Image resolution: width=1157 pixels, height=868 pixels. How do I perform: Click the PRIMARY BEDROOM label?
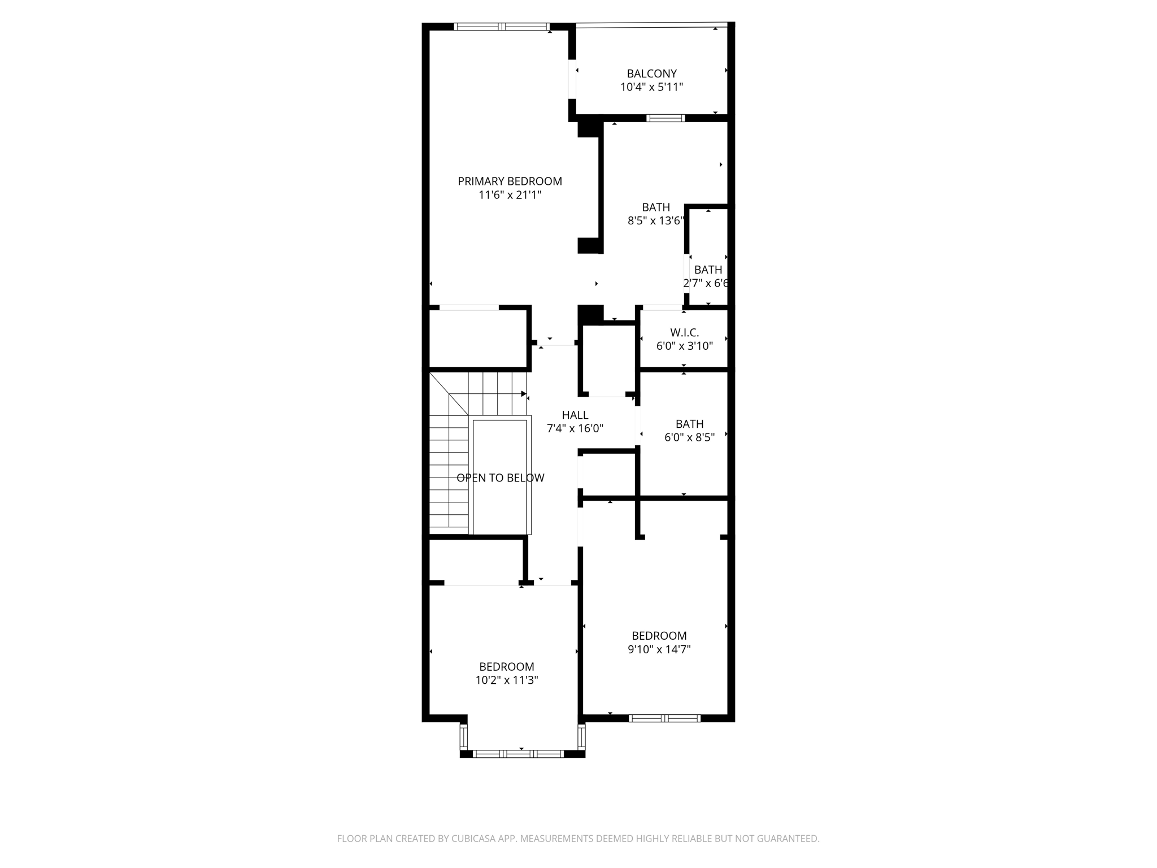coord(510,181)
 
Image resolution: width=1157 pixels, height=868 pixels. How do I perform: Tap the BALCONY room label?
coord(651,73)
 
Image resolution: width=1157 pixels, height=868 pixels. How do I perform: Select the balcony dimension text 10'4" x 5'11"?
coord(651,87)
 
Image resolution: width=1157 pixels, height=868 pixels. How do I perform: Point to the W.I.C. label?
coord(684,332)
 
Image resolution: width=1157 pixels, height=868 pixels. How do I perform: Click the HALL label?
coord(575,415)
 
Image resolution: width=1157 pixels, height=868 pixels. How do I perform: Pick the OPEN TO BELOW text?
coord(500,478)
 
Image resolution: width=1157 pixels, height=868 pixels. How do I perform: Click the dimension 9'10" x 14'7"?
coord(659,649)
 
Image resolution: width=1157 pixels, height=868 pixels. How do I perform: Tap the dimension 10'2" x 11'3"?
coord(506,680)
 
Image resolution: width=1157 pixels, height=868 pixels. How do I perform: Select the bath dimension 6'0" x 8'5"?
coord(689,437)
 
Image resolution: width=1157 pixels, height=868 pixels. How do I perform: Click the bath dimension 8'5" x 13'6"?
coord(656,221)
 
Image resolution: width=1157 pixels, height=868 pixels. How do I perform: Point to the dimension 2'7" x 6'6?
coord(706,284)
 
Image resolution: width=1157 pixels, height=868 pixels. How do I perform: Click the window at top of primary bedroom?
coord(502,26)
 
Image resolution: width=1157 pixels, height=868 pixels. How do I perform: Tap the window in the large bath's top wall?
coord(666,118)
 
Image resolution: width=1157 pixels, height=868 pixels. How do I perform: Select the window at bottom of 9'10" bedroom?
coord(664,718)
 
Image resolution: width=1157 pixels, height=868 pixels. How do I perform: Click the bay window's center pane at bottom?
coord(518,753)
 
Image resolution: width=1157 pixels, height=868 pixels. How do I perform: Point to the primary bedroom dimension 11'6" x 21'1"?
coord(510,195)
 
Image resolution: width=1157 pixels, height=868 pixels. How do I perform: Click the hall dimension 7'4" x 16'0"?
coord(575,429)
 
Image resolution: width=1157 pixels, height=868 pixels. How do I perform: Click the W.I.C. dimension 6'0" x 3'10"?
coord(684,346)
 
